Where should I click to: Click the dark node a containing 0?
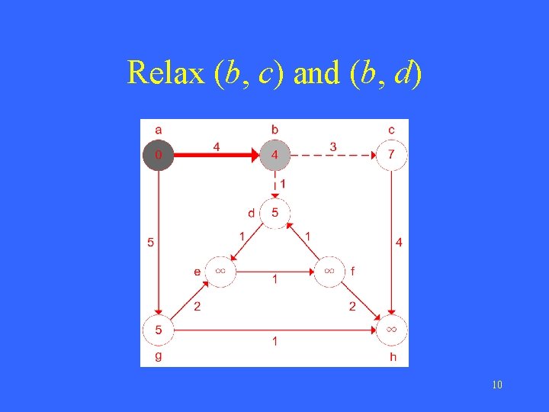click(159, 156)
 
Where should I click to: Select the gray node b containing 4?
click(274, 156)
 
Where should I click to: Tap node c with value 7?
click(391, 156)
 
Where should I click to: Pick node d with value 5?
click(274, 212)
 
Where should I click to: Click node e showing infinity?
click(220, 270)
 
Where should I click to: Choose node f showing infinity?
click(330, 270)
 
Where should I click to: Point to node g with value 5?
click(159, 330)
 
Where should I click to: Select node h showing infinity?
click(391, 330)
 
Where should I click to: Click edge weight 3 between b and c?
click(333, 146)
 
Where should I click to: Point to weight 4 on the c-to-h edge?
click(400, 243)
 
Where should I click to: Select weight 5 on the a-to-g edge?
click(150, 243)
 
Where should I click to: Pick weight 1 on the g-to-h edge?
click(275, 341)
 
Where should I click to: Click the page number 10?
click(497, 385)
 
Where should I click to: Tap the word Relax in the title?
click(166, 73)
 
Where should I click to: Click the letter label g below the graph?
click(158, 356)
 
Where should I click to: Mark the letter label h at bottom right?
click(393, 356)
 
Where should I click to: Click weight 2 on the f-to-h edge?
click(352, 307)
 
